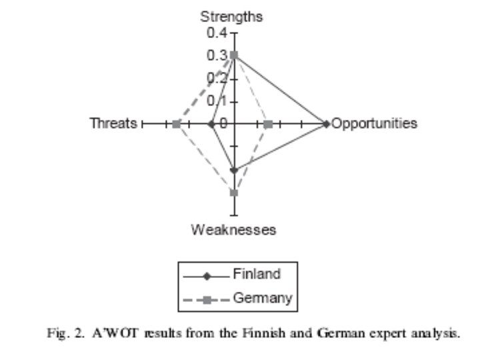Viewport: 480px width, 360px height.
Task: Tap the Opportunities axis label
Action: pyautogui.click(x=374, y=124)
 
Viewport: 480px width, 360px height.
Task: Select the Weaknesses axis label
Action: pyautogui.click(x=233, y=230)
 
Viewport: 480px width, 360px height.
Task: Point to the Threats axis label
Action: pyautogui.click(x=114, y=124)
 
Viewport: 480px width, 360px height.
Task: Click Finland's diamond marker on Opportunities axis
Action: pyautogui.click(x=325, y=124)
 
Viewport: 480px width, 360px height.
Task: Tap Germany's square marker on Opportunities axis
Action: pyautogui.click(x=268, y=125)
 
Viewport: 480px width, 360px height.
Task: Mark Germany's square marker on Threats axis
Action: pyautogui.click(x=176, y=124)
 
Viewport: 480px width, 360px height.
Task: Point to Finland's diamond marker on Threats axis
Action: pyautogui.click(x=211, y=124)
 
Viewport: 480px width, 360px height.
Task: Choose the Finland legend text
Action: pyautogui.click(x=257, y=274)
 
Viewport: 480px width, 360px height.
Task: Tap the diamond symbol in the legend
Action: pyautogui.click(x=206, y=275)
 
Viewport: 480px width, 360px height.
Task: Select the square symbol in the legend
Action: pyautogui.click(x=206, y=299)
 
